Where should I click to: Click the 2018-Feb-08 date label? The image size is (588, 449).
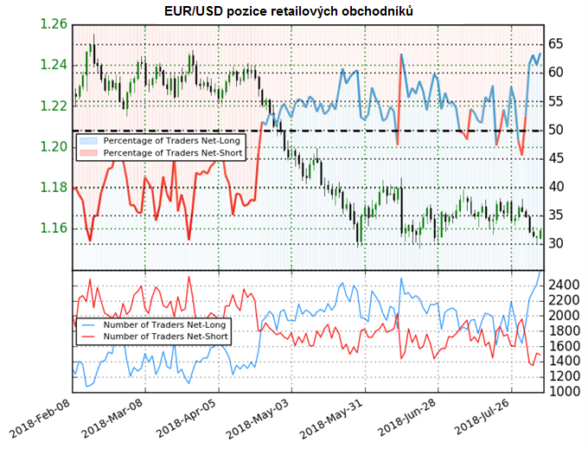coord(43,419)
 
